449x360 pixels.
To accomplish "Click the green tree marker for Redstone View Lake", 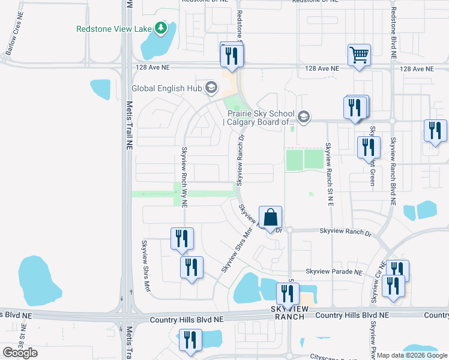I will click(x=160, y=28).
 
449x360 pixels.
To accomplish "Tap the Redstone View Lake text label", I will click(x=114, y=28).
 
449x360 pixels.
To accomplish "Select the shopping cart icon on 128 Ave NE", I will click(x=359, y=55).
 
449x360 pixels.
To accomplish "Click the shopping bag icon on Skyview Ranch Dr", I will click(x=270, y=217).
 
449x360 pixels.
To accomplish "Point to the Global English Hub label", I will click(x=167, y=89).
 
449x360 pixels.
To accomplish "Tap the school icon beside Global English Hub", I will click(x=211, y=89).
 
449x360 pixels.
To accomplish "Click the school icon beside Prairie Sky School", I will click(x=303, y=116).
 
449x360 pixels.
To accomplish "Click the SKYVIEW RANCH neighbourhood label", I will click(x=291, y=311).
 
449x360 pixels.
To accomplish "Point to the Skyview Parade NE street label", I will click(x=334, y=272).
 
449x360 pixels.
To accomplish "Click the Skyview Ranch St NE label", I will click(x=329, y=175).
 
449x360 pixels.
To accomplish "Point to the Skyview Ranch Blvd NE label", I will click(x=394, y=171).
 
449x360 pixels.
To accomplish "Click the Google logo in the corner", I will click(x=20, y=353).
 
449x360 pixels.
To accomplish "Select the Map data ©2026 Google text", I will click(x=412, y=355).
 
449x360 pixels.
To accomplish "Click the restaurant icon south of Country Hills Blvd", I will click(x=191, y=340).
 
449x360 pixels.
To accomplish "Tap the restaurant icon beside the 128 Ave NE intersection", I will click(x=231, y=55).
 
